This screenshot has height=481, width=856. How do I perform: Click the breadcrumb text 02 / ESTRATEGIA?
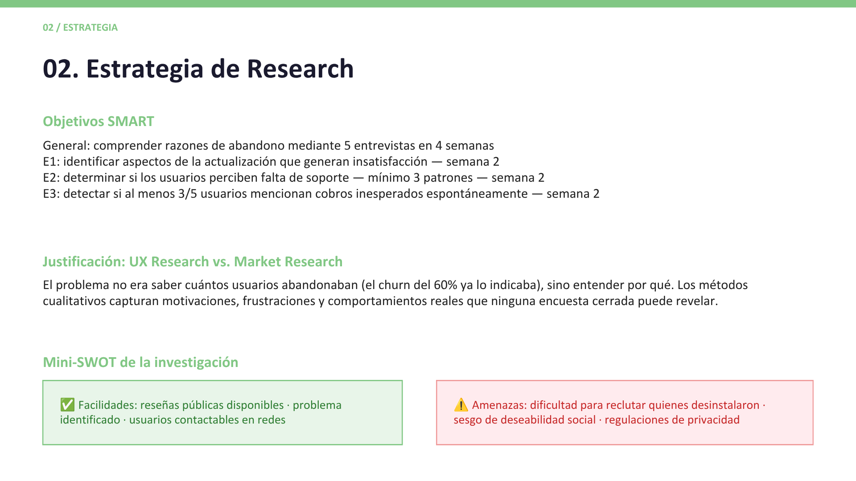tap(80, 28)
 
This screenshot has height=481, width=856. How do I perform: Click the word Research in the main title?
tap(300, 69)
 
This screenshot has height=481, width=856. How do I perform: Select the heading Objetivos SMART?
tap(99, 122)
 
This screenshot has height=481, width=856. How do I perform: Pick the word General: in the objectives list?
tap(66, 146)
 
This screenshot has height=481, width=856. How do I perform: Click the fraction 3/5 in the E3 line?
tap(188, 194)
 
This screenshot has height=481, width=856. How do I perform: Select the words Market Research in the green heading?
tap(288, 261)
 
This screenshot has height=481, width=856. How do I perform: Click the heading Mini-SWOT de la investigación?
tap(140, 362)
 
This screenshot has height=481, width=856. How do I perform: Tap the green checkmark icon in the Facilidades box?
tap(67, 405)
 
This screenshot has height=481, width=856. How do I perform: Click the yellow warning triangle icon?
tap(461, 405)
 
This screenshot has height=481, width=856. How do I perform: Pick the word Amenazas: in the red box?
tap(499, 405)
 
